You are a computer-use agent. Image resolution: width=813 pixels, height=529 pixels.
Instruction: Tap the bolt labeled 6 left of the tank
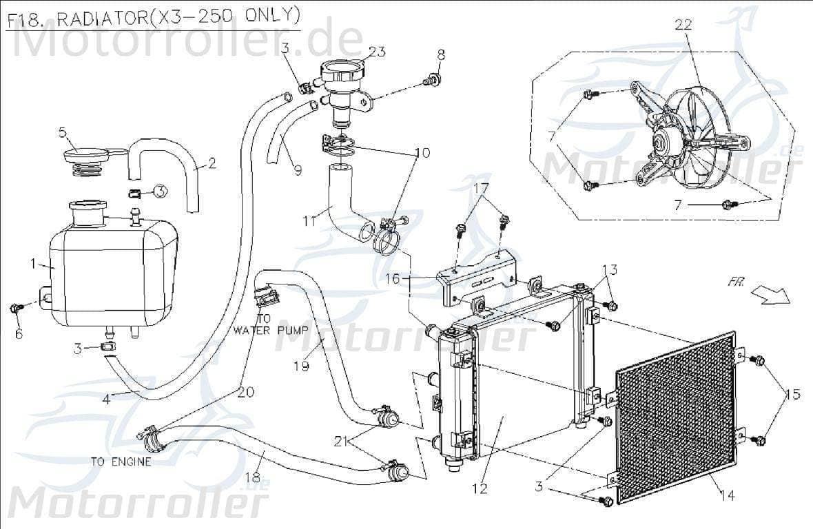coord(17,307)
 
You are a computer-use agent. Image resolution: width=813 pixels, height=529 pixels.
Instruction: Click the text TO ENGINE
coord(121,461)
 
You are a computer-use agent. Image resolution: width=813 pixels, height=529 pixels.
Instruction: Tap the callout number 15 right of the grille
coord(792,395)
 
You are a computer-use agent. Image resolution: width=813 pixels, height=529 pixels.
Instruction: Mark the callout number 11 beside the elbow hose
coord(310,220)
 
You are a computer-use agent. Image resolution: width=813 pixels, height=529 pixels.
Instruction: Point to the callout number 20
coord(246,392)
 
